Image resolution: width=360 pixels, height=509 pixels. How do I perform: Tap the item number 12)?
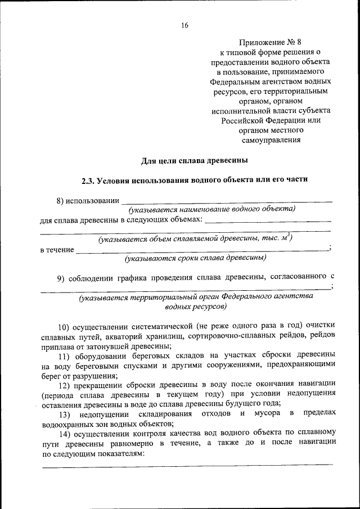(65, 384)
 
